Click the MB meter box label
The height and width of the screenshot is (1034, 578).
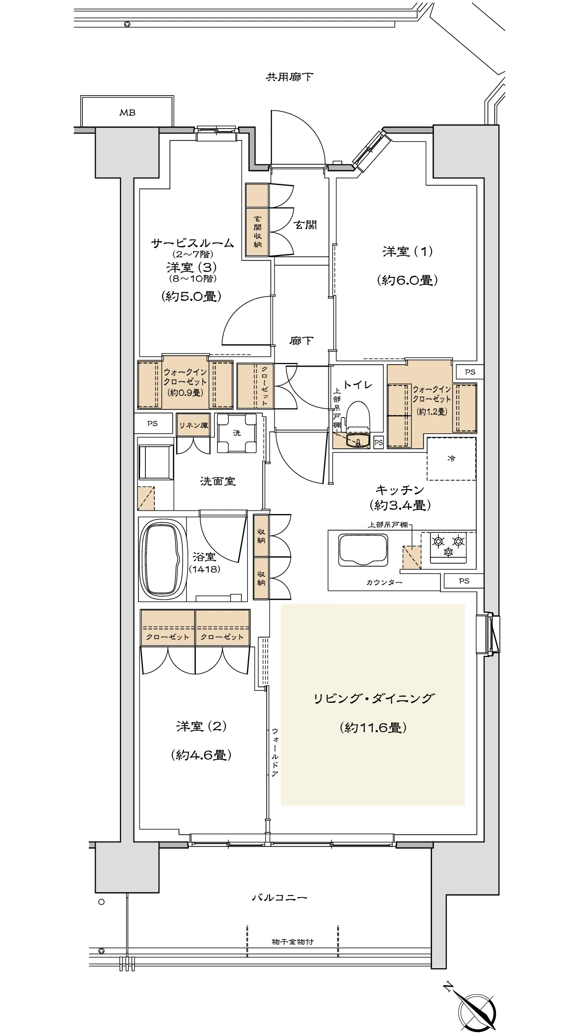coord(127,113)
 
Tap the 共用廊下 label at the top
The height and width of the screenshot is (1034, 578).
coord(289,77)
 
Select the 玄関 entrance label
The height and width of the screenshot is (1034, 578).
coord(305,225)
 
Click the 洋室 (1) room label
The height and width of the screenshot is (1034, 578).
coord(408,252)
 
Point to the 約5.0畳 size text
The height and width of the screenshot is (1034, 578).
coord(191,296)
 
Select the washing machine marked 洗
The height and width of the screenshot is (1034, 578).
coord(237,433)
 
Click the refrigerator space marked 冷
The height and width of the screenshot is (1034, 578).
coord(451,458)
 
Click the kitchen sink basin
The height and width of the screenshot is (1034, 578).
coord(363,550)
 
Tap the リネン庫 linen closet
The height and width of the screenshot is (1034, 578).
coord(193,425)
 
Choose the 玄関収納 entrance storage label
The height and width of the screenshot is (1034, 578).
coord(258,232)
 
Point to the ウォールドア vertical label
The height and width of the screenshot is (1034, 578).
coord(275,752)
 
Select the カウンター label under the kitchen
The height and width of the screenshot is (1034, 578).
coord(384,582)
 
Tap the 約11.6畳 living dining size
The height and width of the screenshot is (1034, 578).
coord(373,728)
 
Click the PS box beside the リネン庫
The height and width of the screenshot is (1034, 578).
coord(152,423)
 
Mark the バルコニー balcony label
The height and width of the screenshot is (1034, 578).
coord(279,898)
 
